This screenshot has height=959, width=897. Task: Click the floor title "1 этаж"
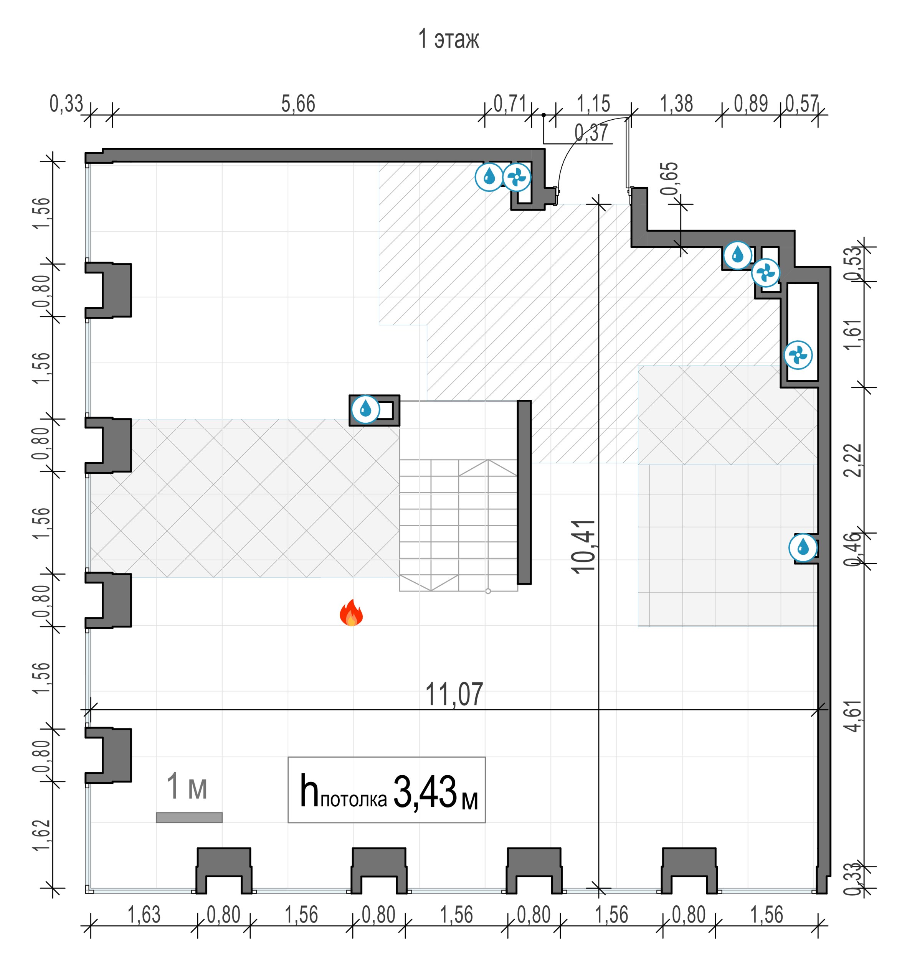point(448,39)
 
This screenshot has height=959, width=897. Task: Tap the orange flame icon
point(352,613)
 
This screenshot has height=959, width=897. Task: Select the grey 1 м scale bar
point(189,817)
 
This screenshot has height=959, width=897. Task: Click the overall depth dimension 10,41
point(583,547)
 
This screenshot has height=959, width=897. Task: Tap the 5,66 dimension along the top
point(298,104)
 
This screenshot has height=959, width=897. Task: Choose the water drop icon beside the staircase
point(365,410)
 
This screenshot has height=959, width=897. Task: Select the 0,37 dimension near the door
point(591,133)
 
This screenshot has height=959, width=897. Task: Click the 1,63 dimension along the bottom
point(144,915)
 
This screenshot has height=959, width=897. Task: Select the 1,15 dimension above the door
point(594,104)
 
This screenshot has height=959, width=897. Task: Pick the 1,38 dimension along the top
point(676,104)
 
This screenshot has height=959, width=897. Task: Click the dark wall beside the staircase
point(524,492)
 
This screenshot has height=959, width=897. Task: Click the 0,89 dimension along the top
point(751,104)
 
